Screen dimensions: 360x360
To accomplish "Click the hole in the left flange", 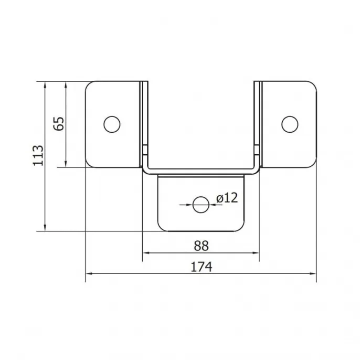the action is pos(112,124).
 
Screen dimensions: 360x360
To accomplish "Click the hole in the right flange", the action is pos(290,124).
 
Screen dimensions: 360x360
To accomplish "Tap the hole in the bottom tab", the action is pos(201,205).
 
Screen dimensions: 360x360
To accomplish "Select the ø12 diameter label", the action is pos(227,198).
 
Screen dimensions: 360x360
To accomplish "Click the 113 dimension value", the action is pos(38,155).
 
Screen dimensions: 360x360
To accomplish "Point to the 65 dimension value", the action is pos(59,124).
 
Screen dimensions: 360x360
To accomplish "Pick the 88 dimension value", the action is pos(201,246).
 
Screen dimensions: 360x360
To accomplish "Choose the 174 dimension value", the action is pos(202,267).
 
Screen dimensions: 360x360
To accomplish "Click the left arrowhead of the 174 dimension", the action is pos(89,273).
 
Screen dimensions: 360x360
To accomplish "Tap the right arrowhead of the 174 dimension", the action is pos(313,273).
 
